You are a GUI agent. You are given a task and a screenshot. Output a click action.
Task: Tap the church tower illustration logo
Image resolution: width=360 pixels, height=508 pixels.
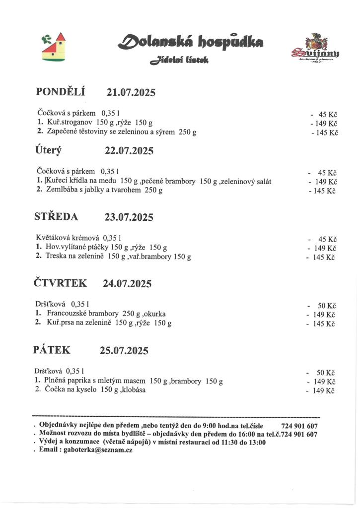click(53, 48)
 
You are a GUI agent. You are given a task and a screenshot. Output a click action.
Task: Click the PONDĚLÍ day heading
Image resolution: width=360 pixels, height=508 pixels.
click(61, 92)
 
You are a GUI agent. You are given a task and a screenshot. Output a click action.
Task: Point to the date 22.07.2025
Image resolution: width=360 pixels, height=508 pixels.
click(129, 151)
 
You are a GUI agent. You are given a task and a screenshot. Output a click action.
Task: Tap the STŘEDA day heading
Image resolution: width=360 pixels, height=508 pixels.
click(56, 217)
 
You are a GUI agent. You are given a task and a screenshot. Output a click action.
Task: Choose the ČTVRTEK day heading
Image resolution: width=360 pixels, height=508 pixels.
click(60, 283)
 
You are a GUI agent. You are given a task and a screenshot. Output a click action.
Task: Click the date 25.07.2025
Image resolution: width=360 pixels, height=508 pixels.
click(124, 350)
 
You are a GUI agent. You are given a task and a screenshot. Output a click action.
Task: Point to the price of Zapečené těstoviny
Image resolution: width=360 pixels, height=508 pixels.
click(326, 132)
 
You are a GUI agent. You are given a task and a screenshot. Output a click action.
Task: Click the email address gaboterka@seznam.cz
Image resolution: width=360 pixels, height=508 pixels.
click(97, 450)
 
